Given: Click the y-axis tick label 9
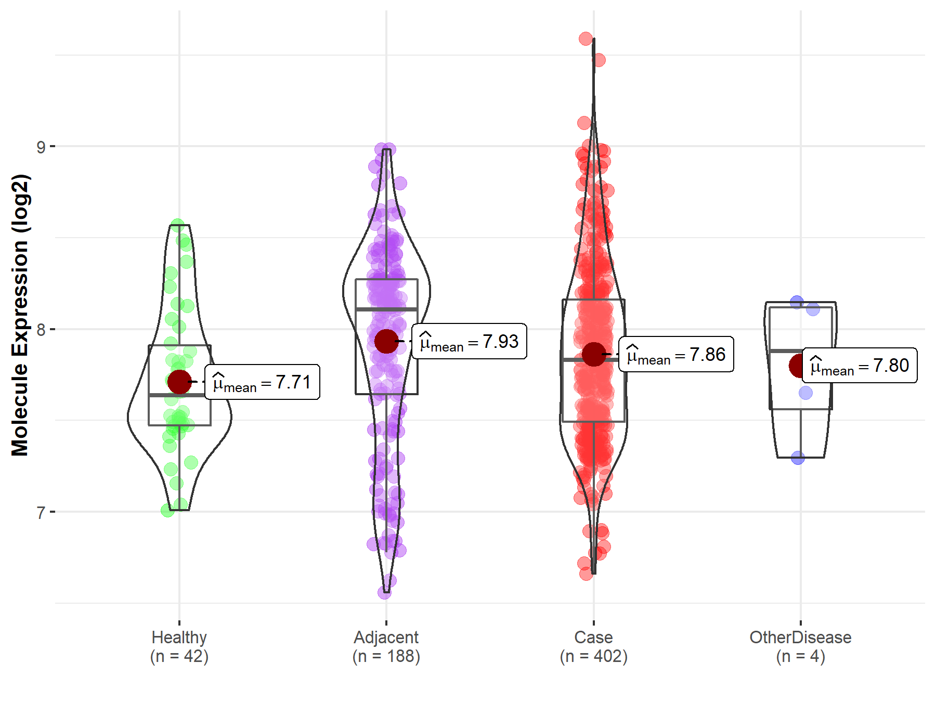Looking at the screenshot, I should click(x=41, y=147).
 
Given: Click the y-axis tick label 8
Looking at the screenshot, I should click(x=41, y=330).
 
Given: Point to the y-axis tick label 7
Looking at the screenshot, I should click(x=41, y=513).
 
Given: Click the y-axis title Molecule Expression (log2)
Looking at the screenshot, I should click(x=20, y=315).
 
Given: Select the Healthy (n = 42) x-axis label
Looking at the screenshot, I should click(x=179, y=647).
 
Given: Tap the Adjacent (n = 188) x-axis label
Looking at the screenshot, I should click(x=386, y=647).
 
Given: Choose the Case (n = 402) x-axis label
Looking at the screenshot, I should click(x=593, y=647).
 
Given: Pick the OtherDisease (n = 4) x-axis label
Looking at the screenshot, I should click(x=800, y=647).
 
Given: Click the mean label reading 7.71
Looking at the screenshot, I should click(x=262, y=382).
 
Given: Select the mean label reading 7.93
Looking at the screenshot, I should click(x=469, y=342).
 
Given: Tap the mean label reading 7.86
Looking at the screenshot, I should click(x=676, y=355).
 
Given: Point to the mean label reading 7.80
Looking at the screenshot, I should click(x=860, y=366).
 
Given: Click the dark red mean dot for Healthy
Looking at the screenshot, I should click(x=179, y=382).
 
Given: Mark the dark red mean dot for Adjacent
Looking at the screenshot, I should click(x=386, y=341).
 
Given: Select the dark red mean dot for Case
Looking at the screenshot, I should click(x=593, y=354).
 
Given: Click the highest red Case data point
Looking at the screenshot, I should click(x=586, y=39).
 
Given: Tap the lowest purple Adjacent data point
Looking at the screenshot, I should click(x=384, y=592).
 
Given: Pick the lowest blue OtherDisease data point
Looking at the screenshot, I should click(x=798, y=458).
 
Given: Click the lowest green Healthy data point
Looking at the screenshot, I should click(x=167, y=510).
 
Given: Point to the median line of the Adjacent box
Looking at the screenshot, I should click(x=386, y=309).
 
